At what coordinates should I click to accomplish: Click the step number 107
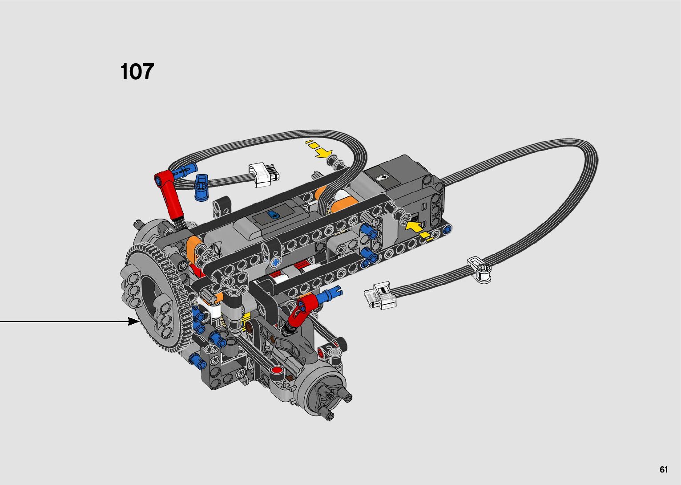(x=137, y=72)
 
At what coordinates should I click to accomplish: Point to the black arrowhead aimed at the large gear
(x=134, y=321)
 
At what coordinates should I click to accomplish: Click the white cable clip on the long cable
(x=480, y=269)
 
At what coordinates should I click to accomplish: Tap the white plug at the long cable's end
(x=380, y=295)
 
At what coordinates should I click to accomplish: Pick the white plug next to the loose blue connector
(x=264, y=175)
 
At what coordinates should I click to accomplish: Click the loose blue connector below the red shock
(x=201, y=187)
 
